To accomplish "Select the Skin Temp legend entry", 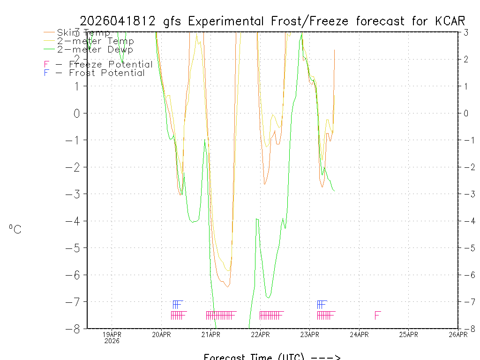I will [x=83, y=33].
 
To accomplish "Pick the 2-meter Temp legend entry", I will [x=95, y=41].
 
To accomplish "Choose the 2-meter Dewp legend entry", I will [x=95, y=49].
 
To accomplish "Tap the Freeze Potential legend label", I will [x=111, y=64].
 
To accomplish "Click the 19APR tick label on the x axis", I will [x=112, y=334].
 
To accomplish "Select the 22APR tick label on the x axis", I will [x=260, y=334].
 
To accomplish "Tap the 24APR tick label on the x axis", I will [x=359, y=334].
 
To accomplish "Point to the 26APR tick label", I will [x=457, y=334].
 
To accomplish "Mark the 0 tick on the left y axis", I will [x=77, y=113].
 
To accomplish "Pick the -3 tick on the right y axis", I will [x=469, y=194].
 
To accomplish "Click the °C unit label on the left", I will [x=15, y=229].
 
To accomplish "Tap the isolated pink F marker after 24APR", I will [x=377, y=315].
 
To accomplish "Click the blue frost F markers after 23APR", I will [x=322, y=305].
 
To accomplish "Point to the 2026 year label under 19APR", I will [x=112, y=341].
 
